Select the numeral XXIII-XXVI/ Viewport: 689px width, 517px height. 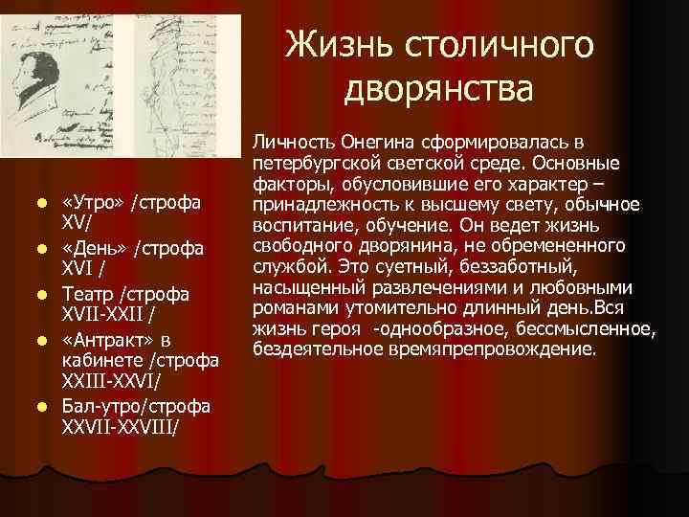(110, 381)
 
